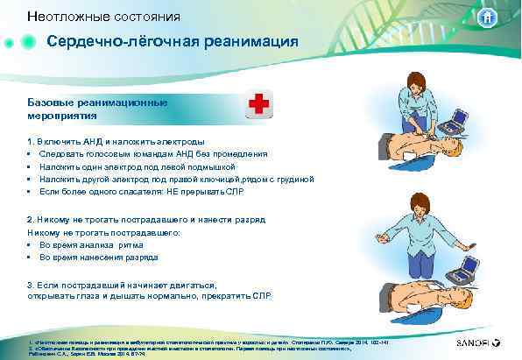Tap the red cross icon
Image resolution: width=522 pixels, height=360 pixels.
(259, 104)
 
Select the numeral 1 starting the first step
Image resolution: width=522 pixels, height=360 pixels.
(30, 141)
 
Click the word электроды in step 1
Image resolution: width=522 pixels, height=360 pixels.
(181, 141)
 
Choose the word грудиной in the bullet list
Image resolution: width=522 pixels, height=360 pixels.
(293, 178)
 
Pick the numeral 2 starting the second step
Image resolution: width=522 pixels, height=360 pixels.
(30, 219)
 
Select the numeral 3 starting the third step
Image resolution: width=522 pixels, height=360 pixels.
(30, 285)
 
